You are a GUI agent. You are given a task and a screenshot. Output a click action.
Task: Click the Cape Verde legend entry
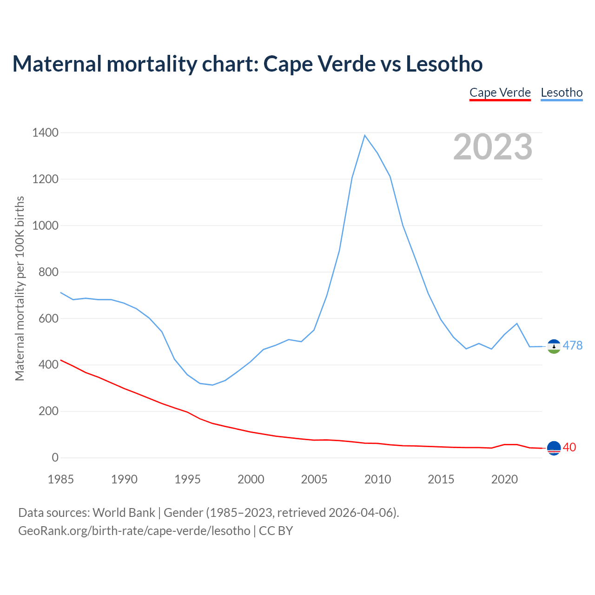tap(500, 93)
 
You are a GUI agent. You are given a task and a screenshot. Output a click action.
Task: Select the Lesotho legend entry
tap(562, 93)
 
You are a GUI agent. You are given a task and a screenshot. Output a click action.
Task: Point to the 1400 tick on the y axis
tap(46, 133)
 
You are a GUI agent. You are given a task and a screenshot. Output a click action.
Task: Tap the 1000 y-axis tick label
tap(46, 225)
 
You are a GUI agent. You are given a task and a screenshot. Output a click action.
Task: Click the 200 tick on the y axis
tap(49, 411)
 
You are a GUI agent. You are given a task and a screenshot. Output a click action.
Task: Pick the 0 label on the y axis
tap(55, 457)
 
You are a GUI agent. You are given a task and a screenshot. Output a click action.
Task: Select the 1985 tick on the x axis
tap(61, 479)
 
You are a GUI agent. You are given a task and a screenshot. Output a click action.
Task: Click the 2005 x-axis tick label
tap(314, 479)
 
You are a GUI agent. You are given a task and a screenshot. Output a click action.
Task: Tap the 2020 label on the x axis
tap(504, 479)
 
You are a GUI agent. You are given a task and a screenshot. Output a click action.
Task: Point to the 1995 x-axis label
tap(188, 479)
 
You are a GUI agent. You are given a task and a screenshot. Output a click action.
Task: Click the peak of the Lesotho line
tap(365, 135)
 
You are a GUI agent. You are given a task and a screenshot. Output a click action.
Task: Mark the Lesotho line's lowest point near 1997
tap(212, 385)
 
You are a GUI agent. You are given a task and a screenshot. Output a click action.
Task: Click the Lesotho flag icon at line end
tap(554, 346)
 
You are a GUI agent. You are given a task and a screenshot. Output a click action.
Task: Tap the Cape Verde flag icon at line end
tap(554, 448)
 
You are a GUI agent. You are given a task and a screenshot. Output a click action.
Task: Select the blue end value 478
tap(572, 345)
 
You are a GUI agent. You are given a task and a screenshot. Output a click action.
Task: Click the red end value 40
tap(569, 447)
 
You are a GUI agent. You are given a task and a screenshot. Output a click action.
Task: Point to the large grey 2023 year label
tap(493, 147)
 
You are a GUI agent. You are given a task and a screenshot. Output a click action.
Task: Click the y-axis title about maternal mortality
tap(20, 288)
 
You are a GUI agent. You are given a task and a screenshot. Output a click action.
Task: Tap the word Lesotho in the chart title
tap(444, 64)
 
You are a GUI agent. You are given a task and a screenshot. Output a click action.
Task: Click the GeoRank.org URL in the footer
tap(134, 530)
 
